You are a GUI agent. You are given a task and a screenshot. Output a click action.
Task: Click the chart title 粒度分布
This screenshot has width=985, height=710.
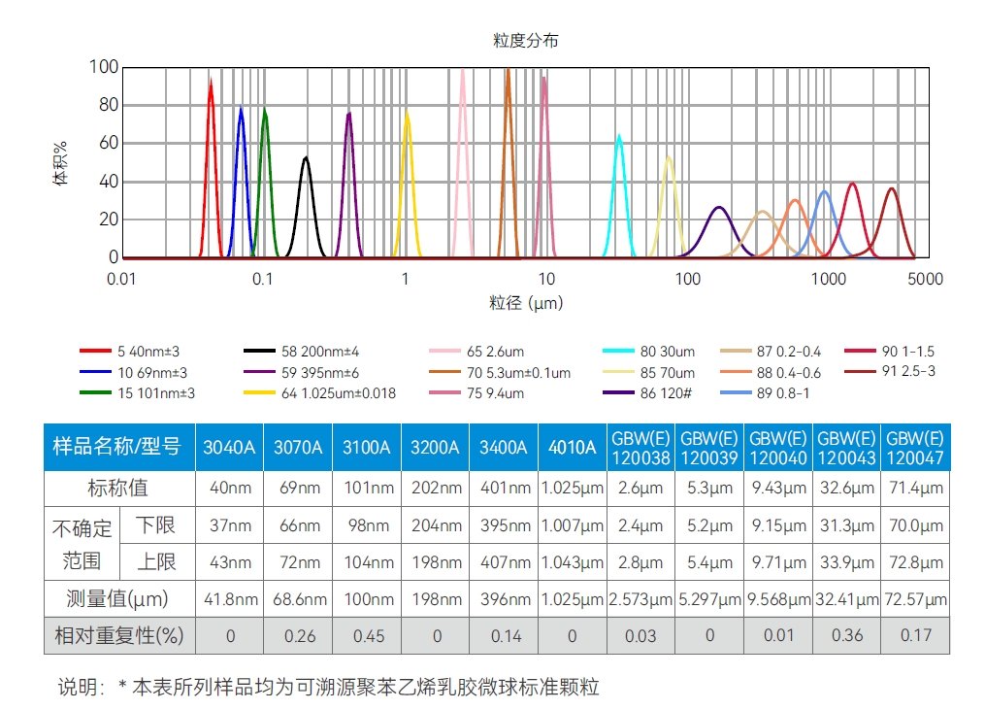(525, 41)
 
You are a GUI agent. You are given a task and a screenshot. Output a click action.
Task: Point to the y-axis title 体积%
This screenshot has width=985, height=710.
(60, 162)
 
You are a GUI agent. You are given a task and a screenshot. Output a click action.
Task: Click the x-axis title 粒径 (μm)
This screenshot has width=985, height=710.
(525, 303)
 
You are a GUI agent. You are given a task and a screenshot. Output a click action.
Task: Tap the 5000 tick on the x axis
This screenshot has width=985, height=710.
(925, 280)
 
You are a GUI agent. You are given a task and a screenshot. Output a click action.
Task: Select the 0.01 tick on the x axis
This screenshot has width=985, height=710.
(120, 280)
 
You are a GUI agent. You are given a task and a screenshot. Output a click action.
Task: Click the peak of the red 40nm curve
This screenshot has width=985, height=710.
(211, 82)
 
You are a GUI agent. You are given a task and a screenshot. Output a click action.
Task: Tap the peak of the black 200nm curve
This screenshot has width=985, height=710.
(306, 157)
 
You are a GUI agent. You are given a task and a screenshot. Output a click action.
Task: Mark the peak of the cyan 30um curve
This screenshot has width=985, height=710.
(619, 136)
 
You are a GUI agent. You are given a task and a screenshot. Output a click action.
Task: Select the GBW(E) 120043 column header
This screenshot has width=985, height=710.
(845, 448)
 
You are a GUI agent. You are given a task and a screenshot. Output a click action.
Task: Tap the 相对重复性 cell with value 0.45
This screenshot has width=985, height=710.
(366, 636)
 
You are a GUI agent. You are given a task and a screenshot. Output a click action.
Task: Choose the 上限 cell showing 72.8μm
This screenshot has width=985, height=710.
(914, 562)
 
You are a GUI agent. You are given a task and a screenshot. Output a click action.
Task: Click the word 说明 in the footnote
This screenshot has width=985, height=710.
(81, 688)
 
